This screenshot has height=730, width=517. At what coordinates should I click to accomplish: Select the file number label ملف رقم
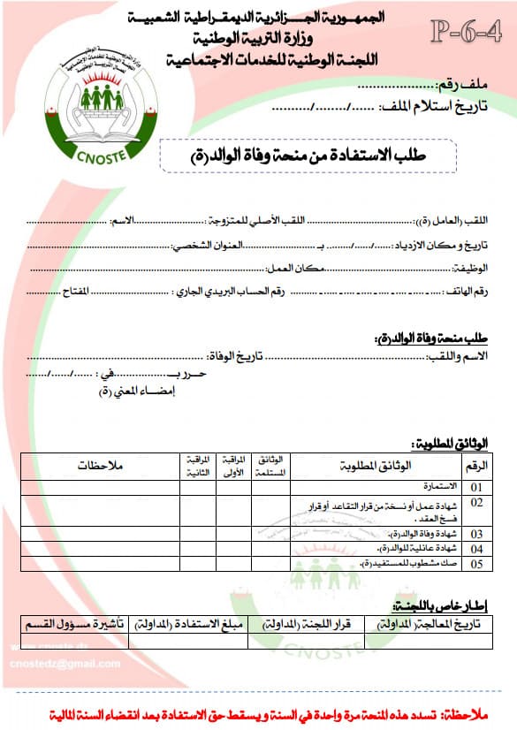click(x=465, y=86)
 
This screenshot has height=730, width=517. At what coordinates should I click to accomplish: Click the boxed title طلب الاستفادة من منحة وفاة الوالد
click(x=308, y=156)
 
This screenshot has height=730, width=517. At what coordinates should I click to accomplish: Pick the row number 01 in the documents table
click(x=476, y=486)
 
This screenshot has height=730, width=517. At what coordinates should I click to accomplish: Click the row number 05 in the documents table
click(x=476, y=563)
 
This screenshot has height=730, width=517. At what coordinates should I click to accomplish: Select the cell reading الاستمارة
click(x=440, y=486)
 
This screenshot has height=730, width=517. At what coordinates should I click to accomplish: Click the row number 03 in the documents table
click(x=476, y=534)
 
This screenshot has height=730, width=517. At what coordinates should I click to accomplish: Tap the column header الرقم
click(x=476, y=465)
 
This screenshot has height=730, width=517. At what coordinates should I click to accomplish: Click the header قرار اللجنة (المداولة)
click(x=306, y=624)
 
